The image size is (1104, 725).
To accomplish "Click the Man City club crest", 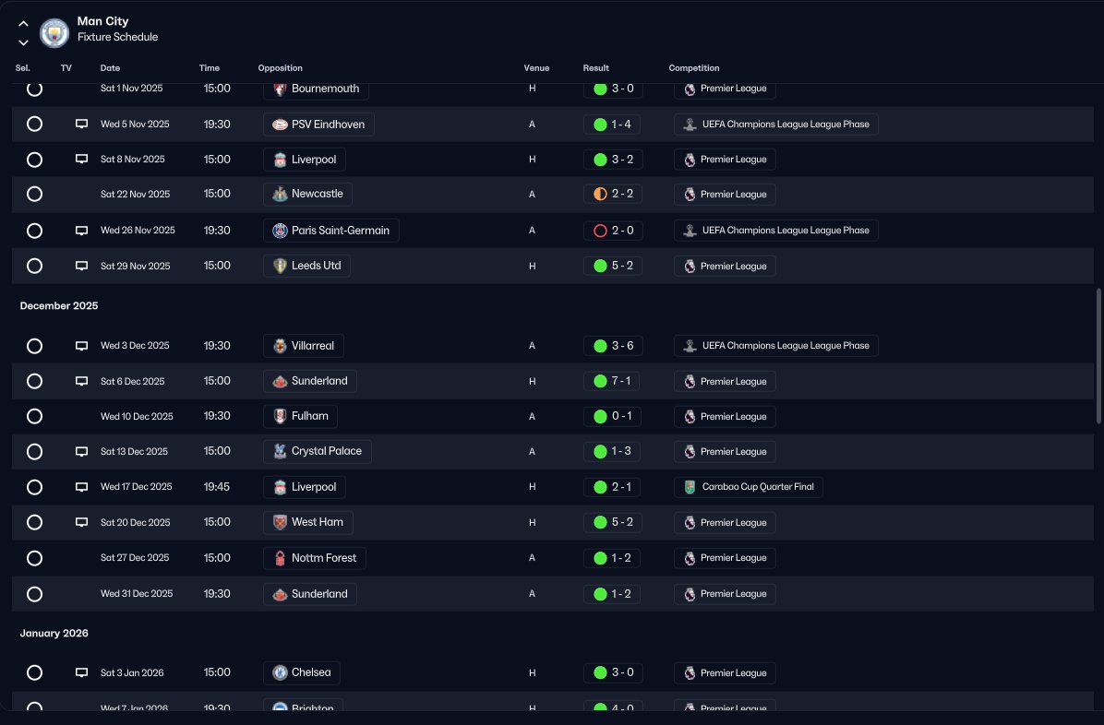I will (x=54, y=33).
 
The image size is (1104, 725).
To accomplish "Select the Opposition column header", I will (x=280, y=68).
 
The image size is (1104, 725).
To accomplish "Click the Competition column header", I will (x=693, y=68).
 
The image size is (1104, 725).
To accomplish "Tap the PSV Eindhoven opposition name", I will (x=328, y=125).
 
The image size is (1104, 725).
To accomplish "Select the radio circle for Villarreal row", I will (x=34, y=346).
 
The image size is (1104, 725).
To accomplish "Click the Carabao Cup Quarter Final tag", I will (x=749, y=487).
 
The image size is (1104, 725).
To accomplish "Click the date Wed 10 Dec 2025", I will (x=137, y=416).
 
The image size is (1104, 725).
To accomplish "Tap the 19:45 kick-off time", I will (x=217, y=487).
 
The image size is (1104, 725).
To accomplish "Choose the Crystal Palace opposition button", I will (x=318, y=452).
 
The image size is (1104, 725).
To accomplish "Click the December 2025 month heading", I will (x=59, y=305).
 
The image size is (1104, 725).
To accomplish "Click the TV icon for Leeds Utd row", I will (x=81, y=267).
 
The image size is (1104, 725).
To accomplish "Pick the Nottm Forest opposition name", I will (x=324, y=558).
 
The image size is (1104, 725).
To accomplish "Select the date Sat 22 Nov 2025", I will (x=135, y=195).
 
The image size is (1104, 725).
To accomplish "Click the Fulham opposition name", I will (x=309, y=416).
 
